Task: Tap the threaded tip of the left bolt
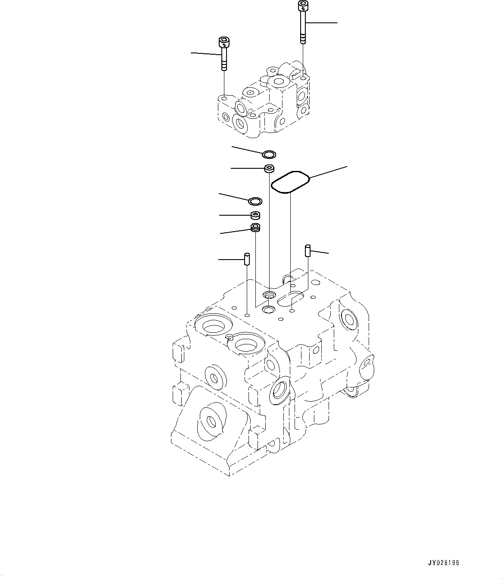[224, 67]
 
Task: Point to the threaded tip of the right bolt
[304, 39]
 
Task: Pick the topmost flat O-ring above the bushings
[270, 154]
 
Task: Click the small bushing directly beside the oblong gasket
[270, 168]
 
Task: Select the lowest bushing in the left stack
[255, 227]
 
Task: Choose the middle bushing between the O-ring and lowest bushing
[256, 215]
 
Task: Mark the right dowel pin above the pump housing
[308, 250]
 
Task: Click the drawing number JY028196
[444, 563]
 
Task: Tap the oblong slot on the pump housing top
[291, 297]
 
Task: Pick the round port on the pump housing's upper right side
[348, 319]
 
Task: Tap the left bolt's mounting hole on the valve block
[224, 99]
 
